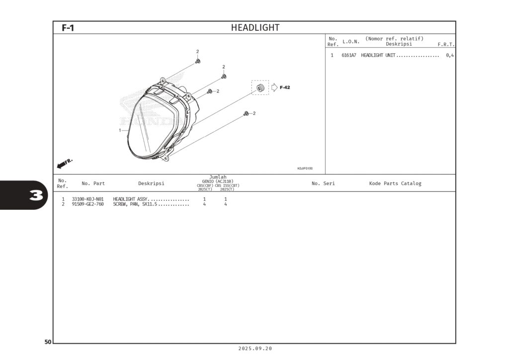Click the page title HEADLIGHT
tap(255, 28)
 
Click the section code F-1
tap(68, 28)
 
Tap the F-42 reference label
tap(285, 88)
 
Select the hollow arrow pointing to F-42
tap(274, 88)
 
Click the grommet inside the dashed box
tap(260, 88)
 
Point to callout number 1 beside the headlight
tap(120, 130)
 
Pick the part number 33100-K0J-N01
tap(87, 199)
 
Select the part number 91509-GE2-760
tap(87, 204)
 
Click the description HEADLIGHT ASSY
tap(130, 199)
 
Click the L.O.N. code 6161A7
tap(348, 55)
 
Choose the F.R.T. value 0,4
tap(449, 55)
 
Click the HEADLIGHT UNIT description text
tap(378, 55)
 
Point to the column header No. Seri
tap(323, 183)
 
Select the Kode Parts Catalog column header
tap(395, 183)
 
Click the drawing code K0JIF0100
tap(305, 169)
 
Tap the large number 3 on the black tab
tap(36, 195)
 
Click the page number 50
tap(48, 342)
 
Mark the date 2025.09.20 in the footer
tap(255, 349)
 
